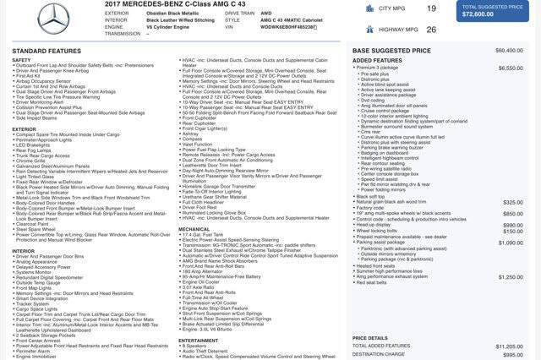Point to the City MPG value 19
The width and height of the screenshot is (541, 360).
(x=431, y=8)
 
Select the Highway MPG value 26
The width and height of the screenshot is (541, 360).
(x=431, y=29)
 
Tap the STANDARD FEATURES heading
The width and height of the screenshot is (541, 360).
(x=46, y=51)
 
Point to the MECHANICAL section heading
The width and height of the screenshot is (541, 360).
(x=194, y=229)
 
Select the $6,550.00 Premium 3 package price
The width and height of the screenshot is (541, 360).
(x=511, y=68)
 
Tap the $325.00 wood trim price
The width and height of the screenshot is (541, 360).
(x=513, y=202)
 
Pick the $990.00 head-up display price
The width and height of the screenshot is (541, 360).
(x=513, y=225)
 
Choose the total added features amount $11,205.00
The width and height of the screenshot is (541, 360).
(x=509, y=346)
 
